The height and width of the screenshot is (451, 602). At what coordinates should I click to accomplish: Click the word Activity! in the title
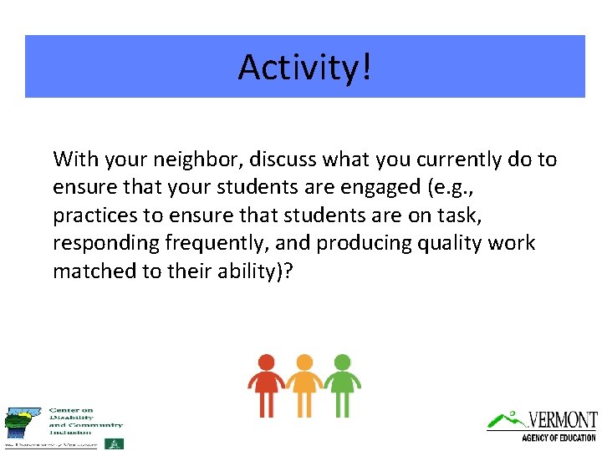point(304,67)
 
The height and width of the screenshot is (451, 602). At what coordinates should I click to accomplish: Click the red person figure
point(266,384)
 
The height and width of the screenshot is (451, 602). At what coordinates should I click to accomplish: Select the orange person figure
point(304,384)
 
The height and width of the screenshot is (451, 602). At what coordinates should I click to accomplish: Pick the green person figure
point(342,384)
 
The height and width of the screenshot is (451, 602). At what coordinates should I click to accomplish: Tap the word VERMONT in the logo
point(562,419)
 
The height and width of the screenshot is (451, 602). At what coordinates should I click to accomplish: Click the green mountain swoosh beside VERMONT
point(507,418)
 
